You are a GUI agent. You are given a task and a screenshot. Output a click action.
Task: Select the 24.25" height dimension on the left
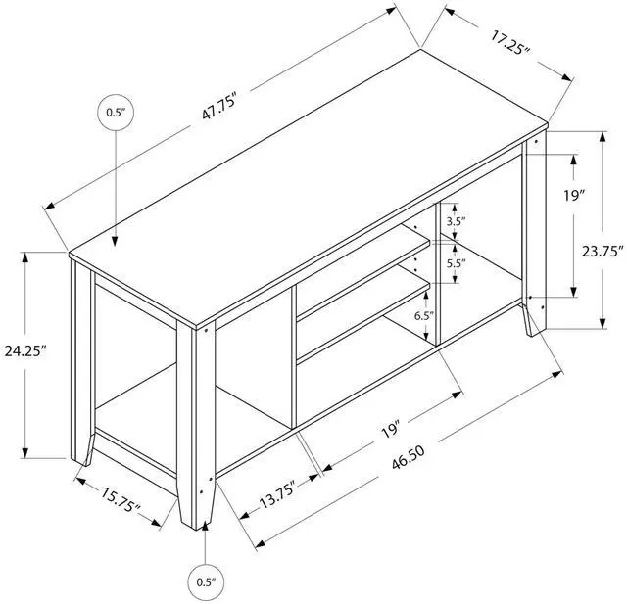(26, 350)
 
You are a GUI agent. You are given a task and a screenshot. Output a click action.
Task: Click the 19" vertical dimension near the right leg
(575, 195)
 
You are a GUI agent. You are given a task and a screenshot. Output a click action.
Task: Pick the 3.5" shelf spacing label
(456, 222)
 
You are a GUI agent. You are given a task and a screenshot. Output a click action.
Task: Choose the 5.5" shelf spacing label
(456, 263)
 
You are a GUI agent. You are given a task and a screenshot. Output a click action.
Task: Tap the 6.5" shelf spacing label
(423, 315)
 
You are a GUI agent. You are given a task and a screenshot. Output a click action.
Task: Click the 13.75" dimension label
(276, 492)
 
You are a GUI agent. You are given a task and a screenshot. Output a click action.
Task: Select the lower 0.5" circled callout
(205, 581)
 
